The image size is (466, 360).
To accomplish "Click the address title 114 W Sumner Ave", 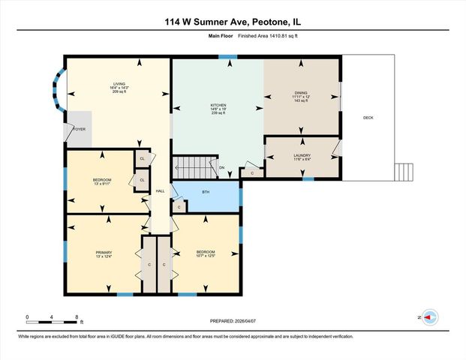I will point(233,22).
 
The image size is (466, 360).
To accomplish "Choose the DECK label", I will point(368,118).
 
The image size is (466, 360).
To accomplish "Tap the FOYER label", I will point(80,129).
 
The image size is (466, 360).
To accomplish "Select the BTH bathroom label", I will point(206,193).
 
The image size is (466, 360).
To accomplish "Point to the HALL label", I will point(160,192).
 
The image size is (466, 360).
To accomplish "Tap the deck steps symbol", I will point(404,172).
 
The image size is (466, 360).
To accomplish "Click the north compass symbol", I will point(429,318).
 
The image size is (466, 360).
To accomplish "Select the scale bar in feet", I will point(52,321).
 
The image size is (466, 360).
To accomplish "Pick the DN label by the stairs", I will point(221,167).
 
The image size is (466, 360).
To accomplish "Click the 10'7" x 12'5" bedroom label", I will point(206,253).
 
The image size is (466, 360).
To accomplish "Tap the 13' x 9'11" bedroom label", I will point(102,181).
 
